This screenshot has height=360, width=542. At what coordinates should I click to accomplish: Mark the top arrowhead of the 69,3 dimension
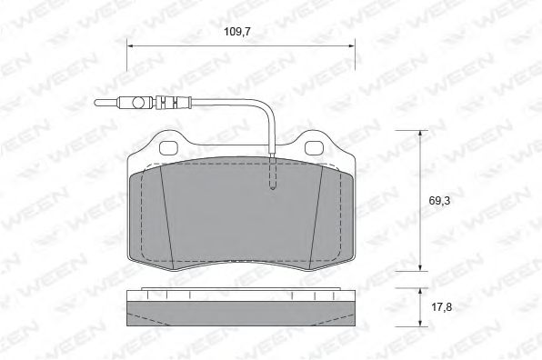click(x=420, y=135)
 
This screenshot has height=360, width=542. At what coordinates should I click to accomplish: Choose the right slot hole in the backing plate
click(x=312, y=146)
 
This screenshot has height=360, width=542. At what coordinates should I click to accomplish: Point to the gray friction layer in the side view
click(x=241, y=314)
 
